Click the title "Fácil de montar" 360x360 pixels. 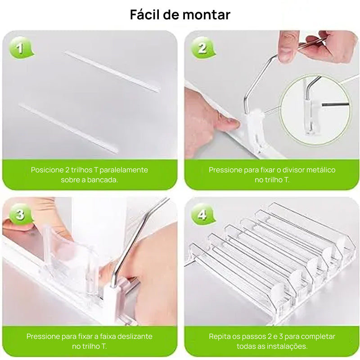[180, 15]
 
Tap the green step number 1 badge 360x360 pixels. [20, 48]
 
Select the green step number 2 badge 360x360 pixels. [202, 48]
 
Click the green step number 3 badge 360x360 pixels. [20, 214]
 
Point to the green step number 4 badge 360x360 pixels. [202, 215]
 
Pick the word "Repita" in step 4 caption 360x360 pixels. [220, 337]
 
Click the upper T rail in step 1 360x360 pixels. [112, 72]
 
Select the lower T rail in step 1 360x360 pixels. [67, 128]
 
